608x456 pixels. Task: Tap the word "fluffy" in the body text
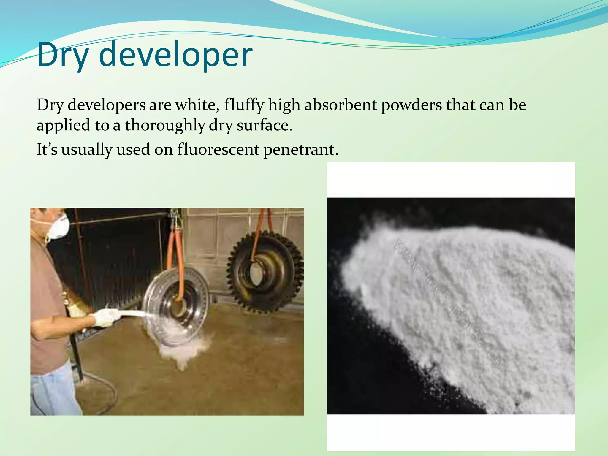coord(244,105)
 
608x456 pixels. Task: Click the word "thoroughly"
coord(165,125)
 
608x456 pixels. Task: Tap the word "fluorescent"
coord(218,149)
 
